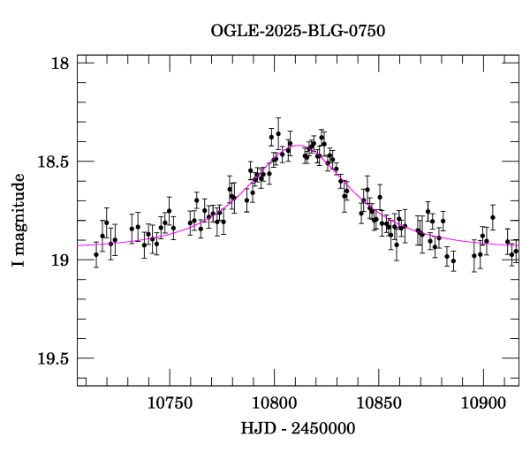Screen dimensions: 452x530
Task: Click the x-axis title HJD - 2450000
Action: tap(297, 427)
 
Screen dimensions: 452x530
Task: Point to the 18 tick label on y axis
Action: tap(61, 64)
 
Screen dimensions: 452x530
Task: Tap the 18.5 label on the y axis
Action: tap(54, 162)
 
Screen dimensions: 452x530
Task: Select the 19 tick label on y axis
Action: tap(61, 260)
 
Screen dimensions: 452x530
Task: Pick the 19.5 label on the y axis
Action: tap(54, 358)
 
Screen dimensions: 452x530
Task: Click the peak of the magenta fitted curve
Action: tap(300, 145)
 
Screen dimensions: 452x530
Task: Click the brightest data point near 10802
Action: tap(278, 133)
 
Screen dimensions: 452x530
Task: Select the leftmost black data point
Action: tap(96, 254)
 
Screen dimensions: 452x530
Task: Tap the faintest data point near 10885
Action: tap(453, 261)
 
